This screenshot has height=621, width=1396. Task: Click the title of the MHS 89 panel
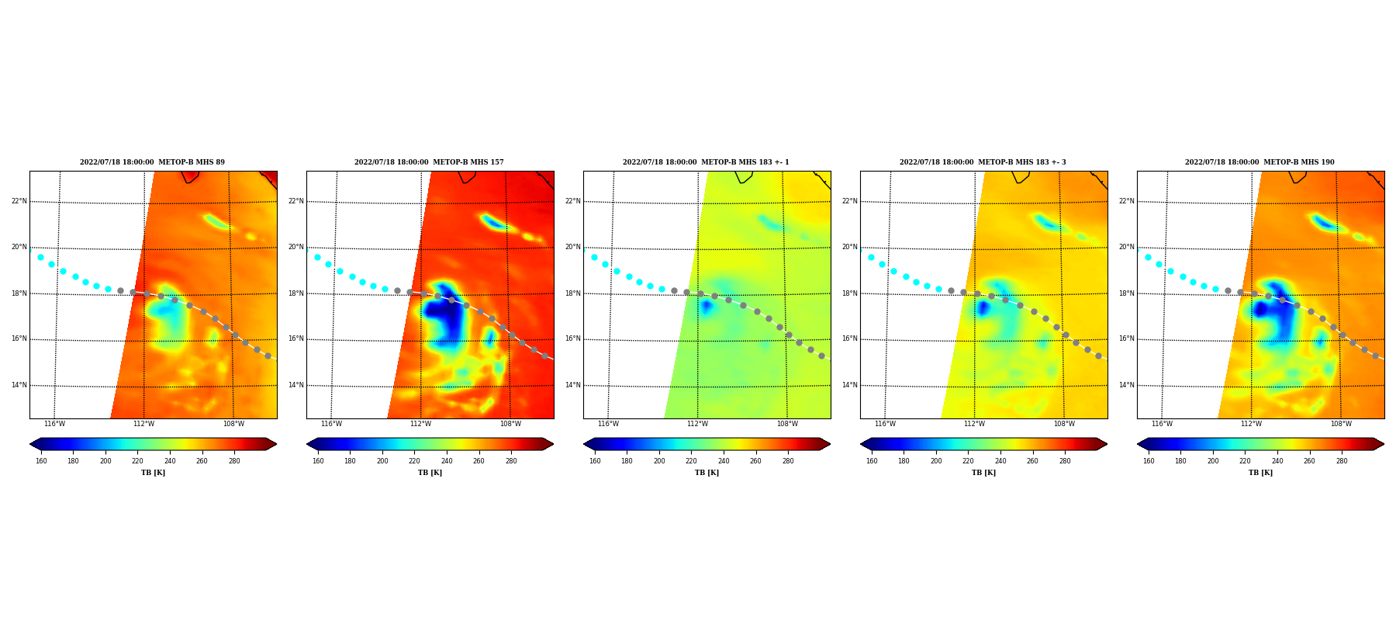click(x=152, y=162)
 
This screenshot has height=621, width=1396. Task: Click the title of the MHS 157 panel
click(x=429, y=162)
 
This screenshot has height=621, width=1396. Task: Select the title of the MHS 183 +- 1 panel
click(x=706, y=162)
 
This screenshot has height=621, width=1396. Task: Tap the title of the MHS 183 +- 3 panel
click(x=983, y=162)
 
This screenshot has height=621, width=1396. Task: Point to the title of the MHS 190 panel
click(x=1260, y=162)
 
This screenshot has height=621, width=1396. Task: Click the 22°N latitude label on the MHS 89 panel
click(x=19, y=201)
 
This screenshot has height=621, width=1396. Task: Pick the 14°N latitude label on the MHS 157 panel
click(x=296, y=385)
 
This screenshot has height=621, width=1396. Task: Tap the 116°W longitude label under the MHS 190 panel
click(x=1162, y=424)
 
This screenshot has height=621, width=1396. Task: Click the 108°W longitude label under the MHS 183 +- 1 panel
click(x=787, y=424)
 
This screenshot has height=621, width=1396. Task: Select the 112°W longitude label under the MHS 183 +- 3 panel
click(x=974, y=424)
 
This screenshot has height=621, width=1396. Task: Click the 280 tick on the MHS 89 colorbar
click(x=234, y=461)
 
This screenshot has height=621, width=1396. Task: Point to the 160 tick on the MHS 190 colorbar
click(x=1149, y=461)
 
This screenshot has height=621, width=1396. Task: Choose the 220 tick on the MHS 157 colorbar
click(x=414, y=461)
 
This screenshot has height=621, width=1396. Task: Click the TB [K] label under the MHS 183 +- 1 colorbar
click(x=707, y=473)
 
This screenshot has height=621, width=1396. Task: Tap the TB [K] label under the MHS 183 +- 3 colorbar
click(x=983, y=473)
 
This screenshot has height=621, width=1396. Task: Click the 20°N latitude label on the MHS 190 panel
click(x=1127, y=247)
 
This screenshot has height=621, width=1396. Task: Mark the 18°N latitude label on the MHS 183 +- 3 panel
click(x=850, y=293)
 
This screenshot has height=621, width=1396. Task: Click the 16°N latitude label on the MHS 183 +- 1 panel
click(x=573, y=338)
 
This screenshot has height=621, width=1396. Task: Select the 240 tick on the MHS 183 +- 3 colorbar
click(x=1000, y=461)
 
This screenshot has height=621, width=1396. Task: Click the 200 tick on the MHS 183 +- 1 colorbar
click(x=659, y=461)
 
